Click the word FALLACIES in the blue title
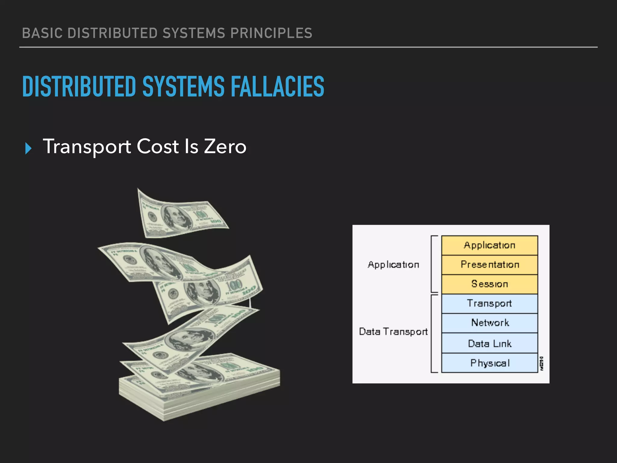tap(277, 87)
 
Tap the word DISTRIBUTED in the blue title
tap(79, 87)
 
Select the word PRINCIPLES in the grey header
tap(271, 33)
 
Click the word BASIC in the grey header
tap(42, 33)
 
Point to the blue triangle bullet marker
tap(28, 148)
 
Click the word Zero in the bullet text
tap(225, 147)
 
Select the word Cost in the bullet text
tap(158, 147)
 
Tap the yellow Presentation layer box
tap(490, 265)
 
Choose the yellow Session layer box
tap(490, 284)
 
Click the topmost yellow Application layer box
tap(490, 245)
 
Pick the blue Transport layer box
tap(490, 303)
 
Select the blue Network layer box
tap(490, 323)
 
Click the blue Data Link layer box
tap(490, 343)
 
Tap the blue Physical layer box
tap(490, 363)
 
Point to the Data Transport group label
tap(393, 332)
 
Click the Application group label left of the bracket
tap(393, 265)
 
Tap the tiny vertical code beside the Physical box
tap(542, 364)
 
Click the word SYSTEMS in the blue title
tap(183, 87)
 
